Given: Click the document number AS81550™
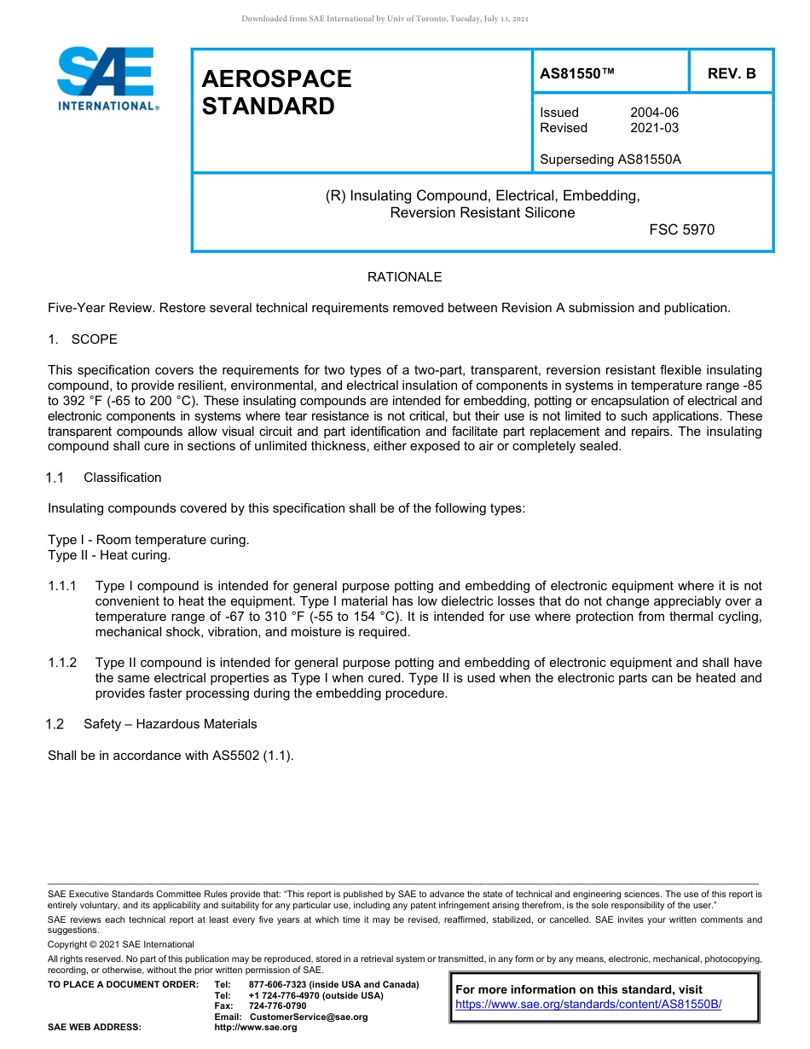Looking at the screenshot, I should coord(577,73).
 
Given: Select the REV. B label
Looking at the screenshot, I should coord(731,73).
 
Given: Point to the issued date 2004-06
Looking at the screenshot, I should coord(654,113).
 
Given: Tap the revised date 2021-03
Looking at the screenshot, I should coord(654,128).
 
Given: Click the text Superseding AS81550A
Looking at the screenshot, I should coord(610,159).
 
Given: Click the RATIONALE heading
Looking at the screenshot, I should coord(404,277).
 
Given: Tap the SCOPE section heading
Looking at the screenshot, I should coord(94,339).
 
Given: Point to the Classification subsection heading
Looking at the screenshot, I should coord(122,478).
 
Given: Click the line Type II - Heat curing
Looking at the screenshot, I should coord(109,555).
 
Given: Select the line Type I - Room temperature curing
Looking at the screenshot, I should coord(148,540).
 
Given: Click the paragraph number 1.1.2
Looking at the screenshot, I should coord(62,663).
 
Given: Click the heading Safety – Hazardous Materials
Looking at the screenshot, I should coord(170,724).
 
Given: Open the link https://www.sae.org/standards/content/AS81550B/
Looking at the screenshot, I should coord(588,1004).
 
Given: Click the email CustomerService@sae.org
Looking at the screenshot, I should coord(308,1017).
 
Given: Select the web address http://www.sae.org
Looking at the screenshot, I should coord(255,1027).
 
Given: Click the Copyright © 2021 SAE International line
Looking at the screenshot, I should coord(121,944).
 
